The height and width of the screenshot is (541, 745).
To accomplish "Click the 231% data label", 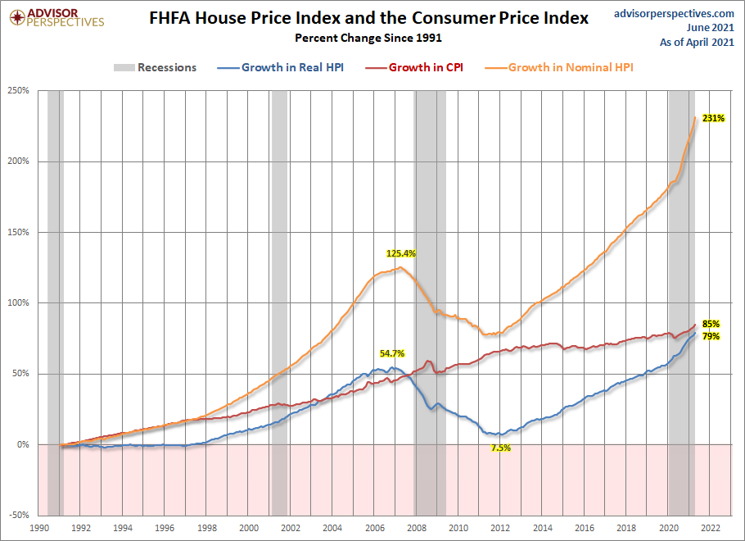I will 713,119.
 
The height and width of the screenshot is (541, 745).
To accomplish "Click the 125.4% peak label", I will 401,253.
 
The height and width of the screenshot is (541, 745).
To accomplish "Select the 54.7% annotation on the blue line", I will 392,354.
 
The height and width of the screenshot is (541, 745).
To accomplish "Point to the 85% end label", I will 710,324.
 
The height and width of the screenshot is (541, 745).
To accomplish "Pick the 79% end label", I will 710,336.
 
